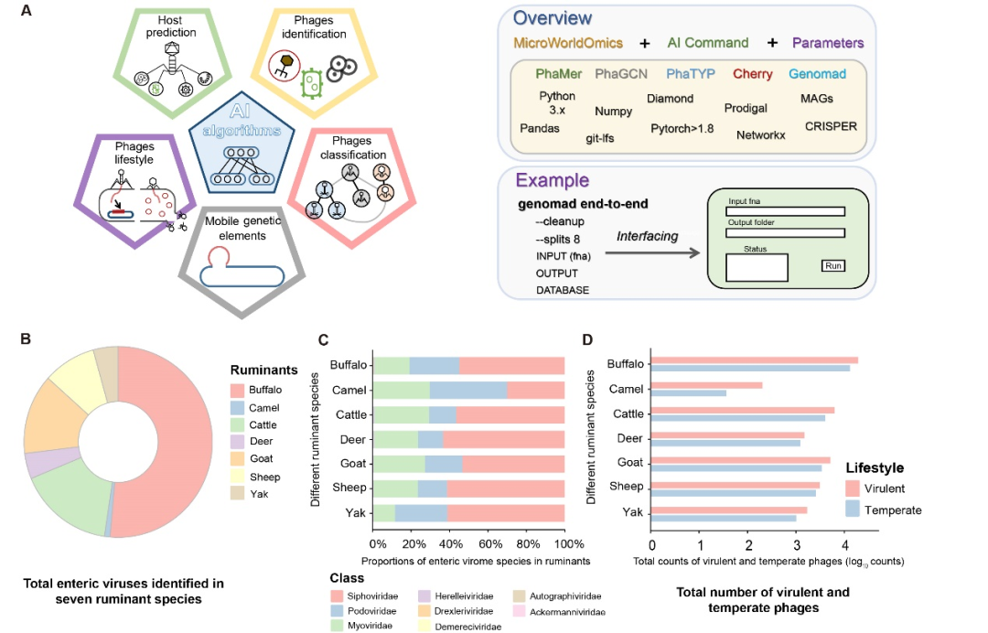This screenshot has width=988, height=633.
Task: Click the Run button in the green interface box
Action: pos(833,266)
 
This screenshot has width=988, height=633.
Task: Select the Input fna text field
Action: pos(785,211)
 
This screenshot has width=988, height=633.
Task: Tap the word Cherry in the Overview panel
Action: pos(752,74)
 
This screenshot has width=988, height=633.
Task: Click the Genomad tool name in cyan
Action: pos(817,74)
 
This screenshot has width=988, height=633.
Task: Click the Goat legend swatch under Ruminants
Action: pos(238,458)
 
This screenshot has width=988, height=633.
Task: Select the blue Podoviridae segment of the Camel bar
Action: pos(468,391)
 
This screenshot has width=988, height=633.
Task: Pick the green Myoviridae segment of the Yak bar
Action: pos(384,512)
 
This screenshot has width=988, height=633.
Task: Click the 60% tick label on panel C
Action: pos(490,544)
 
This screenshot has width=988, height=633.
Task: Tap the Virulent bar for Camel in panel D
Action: pos(706,385)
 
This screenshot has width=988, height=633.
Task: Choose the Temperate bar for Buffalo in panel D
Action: pos(750,368)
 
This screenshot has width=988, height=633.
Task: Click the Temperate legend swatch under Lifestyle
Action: pos(853,509)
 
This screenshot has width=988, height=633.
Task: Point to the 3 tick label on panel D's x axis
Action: pos(797,545)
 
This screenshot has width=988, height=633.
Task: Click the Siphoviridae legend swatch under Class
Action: pos(337,595)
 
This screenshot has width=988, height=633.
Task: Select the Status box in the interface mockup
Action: pos(757,268)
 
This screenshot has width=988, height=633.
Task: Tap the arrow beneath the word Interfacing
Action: pos(652,252)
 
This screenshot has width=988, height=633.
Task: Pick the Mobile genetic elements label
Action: pos(242,229)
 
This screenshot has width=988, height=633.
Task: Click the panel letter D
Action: pos(587,340)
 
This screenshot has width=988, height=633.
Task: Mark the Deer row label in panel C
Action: pos(353,440)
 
